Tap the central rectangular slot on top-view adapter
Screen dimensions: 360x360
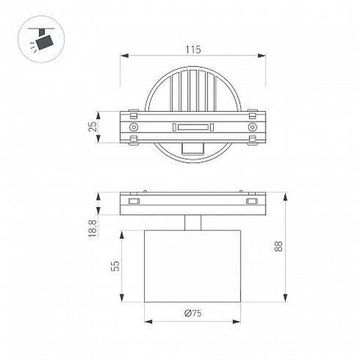[x=191, y=127]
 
